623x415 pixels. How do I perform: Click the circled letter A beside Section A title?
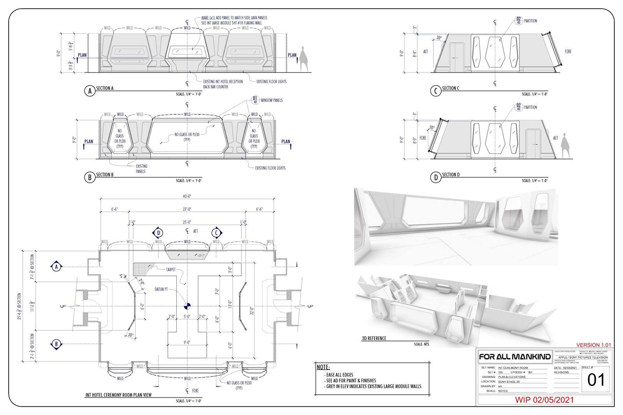click(x=90, y=91)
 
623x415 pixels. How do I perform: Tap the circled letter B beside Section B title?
click(x=90, y=178)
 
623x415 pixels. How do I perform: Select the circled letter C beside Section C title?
click(x=436, y=91)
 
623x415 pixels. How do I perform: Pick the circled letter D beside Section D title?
click(x=436, y=178)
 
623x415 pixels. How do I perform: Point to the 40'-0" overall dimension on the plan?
click(x=187, y=196)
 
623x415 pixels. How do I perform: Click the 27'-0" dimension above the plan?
click(x=187, y=209)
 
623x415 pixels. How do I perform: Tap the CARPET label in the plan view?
click(x=171, y=269)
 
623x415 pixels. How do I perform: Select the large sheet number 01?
click(x=595, y=380)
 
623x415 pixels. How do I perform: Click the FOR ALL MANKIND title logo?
click(x=515, y=357)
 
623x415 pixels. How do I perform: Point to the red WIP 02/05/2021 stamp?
click(x=544, y=400)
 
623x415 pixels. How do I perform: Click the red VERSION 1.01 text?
click(x=593, y=345)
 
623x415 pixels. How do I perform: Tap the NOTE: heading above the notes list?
click(x=323, y=367)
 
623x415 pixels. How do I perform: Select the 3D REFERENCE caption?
click(x=374, y=338)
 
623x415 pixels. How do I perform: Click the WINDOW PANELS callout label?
click(x=271, y=100)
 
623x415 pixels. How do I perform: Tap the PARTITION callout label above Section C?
click(x=530, y=21)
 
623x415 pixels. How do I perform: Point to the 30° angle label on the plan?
click(x=131, y=334)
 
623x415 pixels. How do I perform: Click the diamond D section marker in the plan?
click(x=158, y=233)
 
